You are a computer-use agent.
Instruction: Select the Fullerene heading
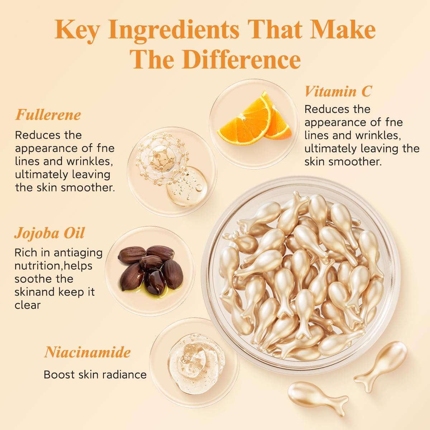click(48, 115)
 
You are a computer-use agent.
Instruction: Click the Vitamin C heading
click(338, 91)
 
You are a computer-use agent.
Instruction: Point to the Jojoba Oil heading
click(49, 233)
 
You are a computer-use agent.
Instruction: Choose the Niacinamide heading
click(87, 352)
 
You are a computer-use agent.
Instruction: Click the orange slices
click(254, 118)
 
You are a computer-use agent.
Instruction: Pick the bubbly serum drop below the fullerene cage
click(187, 186)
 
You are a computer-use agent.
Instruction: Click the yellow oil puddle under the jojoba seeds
click(152, 289)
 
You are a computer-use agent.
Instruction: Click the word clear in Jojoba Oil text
click(28, 305)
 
